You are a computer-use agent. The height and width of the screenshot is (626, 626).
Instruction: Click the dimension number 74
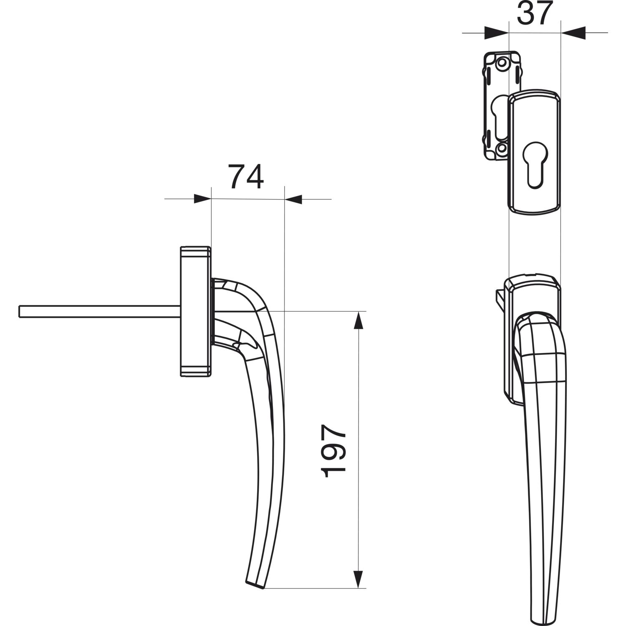pyautogui.click(x=246, y=177)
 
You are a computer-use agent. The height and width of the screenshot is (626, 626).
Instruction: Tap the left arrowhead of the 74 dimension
pyautogui.click(x=203, y=199)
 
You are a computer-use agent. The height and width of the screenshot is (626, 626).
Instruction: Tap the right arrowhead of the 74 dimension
pyautogui.click(x=293, y=199)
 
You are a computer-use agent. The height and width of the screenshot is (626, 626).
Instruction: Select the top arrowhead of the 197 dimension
pyautogui.click(x=358, y=321)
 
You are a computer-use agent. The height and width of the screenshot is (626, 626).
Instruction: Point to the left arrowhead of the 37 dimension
pyautogui.click(x=497, y=33)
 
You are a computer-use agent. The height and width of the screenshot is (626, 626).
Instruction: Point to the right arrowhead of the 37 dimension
pyautogui.click(x=573, y=33)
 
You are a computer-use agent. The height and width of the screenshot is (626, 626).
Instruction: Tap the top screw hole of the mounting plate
pyautogui.click(x=502, y=63)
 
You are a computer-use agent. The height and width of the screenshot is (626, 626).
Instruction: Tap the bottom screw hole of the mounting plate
pyautogui.click(x=502, y=148)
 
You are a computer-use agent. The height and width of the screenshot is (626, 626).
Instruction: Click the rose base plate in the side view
pyautogui.click(x=195, y=311)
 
